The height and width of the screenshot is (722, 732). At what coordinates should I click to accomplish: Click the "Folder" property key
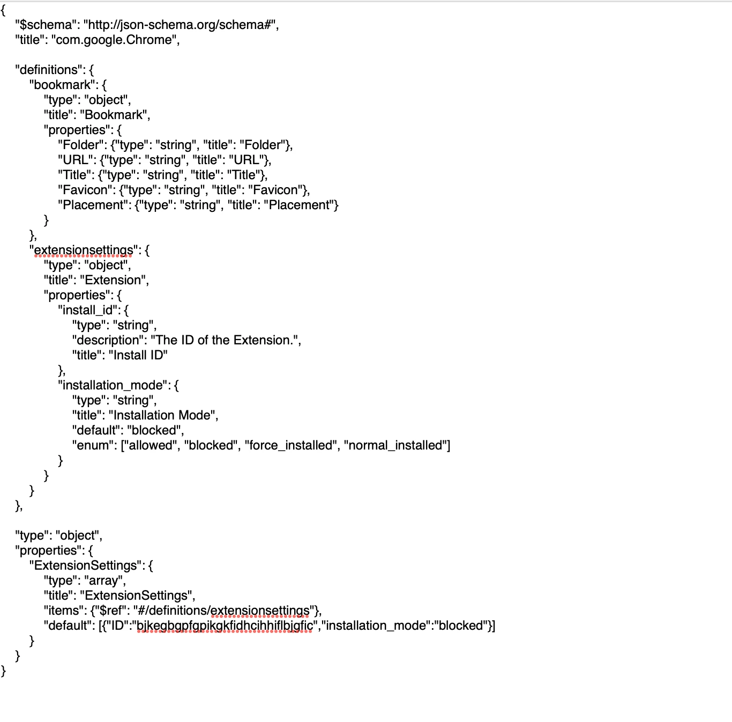(x=81, y=145)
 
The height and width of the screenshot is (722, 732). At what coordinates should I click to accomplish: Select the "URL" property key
(x=76, y=160)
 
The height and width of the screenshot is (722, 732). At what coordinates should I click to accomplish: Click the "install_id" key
(x=88, y=311)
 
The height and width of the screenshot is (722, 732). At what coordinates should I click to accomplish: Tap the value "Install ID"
(x=138, y=355)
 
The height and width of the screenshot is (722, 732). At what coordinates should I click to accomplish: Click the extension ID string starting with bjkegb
(x=225, y=626)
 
